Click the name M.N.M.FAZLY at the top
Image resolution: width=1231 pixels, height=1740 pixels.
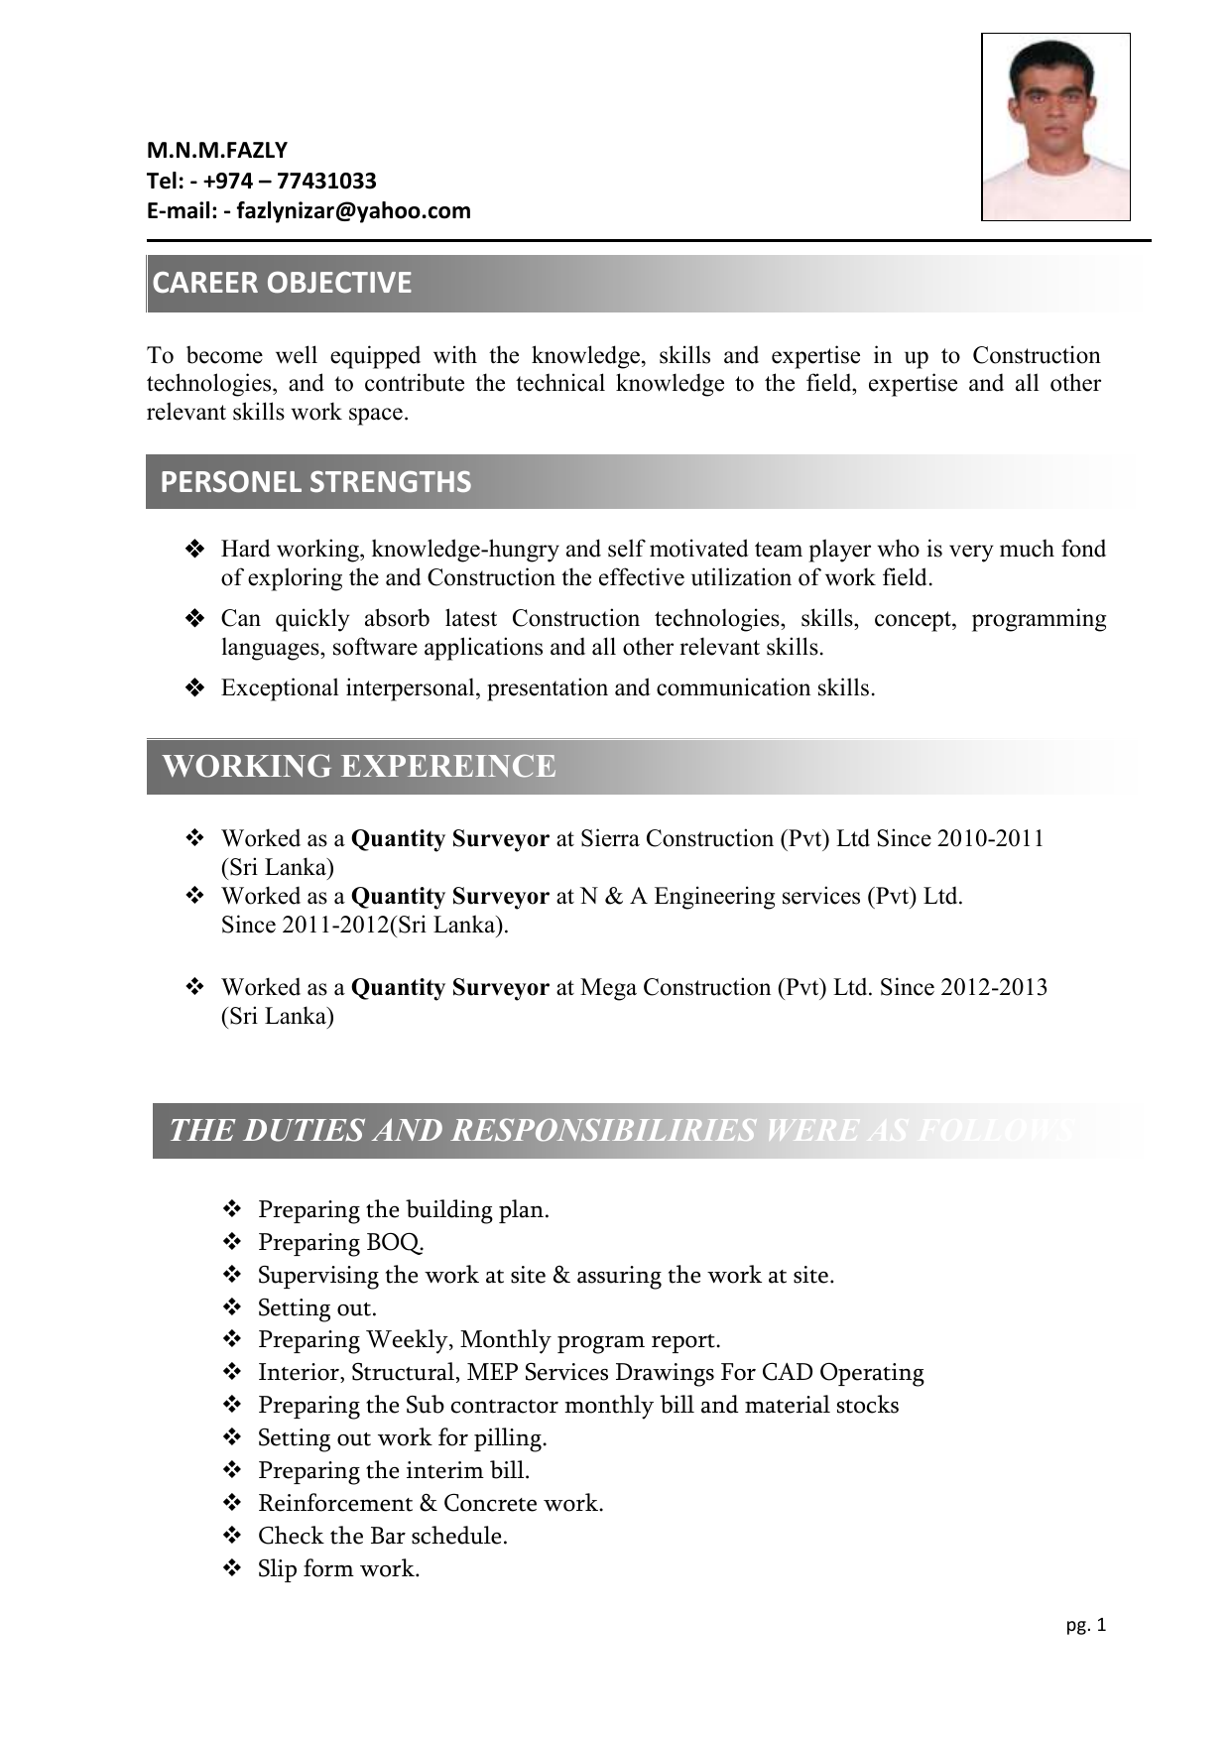217,151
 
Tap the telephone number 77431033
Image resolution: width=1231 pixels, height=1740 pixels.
326,181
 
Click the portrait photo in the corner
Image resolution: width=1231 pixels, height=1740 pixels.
1055,127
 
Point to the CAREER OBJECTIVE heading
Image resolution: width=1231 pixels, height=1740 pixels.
282,283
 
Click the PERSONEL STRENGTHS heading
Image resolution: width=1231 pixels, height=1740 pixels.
315,482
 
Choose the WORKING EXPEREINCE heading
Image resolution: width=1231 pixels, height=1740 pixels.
358,766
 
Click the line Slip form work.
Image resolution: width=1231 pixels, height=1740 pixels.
339,1568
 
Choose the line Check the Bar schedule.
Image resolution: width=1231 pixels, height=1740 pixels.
383,1536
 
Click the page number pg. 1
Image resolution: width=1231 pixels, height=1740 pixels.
1086,1625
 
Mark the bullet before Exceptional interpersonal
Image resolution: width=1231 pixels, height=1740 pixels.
194,687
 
